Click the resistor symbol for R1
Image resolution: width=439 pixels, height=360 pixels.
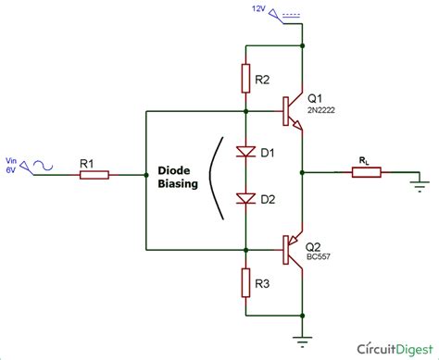[94, 174]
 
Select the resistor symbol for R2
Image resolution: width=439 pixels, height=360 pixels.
[245, 78]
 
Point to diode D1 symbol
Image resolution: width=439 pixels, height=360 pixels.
[245, 150]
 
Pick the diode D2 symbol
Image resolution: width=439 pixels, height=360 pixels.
[245, 198]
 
